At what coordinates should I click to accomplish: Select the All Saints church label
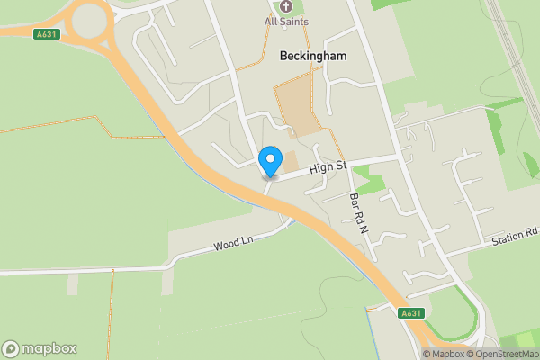click(286, 21)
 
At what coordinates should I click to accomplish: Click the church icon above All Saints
click(286, 6)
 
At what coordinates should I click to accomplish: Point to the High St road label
click(328, 166)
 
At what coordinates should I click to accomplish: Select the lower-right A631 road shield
click(410, 313)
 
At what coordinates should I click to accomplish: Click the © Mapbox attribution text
click(443, 354)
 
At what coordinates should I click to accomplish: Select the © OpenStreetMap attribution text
click(502, 354)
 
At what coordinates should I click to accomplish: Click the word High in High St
click(321, 168)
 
